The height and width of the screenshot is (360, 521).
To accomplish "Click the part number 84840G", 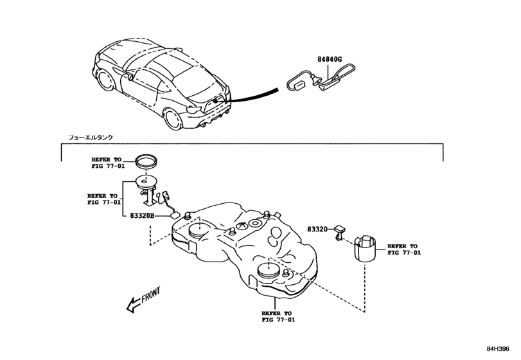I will pyautogui.click(x=330, y=60).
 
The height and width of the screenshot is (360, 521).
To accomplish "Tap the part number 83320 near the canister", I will pyautogui.click(x=317, y=229).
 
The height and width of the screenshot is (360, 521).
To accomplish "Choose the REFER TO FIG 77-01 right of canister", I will pyautogui.click(x=403, y=249).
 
